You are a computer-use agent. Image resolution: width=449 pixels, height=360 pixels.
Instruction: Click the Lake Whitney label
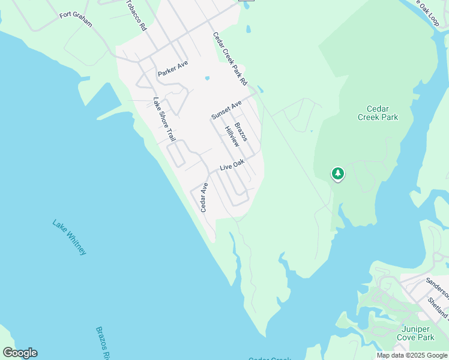coord(70,238)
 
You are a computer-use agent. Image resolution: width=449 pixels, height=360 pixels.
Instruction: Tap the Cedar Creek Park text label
coord(378,113)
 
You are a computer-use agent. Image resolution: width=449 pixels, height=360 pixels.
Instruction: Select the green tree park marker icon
coord(338,174)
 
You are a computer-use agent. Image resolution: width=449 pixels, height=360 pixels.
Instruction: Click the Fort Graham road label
coord(76,19)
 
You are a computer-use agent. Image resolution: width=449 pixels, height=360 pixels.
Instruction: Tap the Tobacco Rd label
coord(136,15)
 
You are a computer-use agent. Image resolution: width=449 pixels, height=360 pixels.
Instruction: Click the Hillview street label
coord(232,136)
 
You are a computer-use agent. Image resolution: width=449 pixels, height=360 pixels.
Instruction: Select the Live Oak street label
coord(232,165)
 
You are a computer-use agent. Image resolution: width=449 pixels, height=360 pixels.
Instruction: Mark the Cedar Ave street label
coord(204,197)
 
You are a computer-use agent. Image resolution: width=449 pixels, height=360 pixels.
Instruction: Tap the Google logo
coord(20,353)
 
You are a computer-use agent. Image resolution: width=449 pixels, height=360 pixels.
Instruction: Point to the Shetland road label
coord(439,307)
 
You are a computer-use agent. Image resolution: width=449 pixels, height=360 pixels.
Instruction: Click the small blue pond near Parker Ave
coord(207,78)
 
